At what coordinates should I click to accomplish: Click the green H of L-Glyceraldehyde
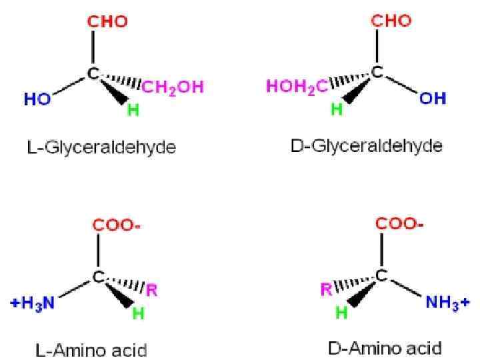click(133, 110)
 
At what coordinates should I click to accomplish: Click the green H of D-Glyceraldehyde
click(337, 109)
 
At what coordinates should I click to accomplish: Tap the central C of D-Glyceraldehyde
click(377, 73)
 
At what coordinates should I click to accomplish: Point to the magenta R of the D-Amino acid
click(325, 289)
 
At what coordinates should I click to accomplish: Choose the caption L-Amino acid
click(91, 349)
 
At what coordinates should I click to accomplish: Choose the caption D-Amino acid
click(385, 348)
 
